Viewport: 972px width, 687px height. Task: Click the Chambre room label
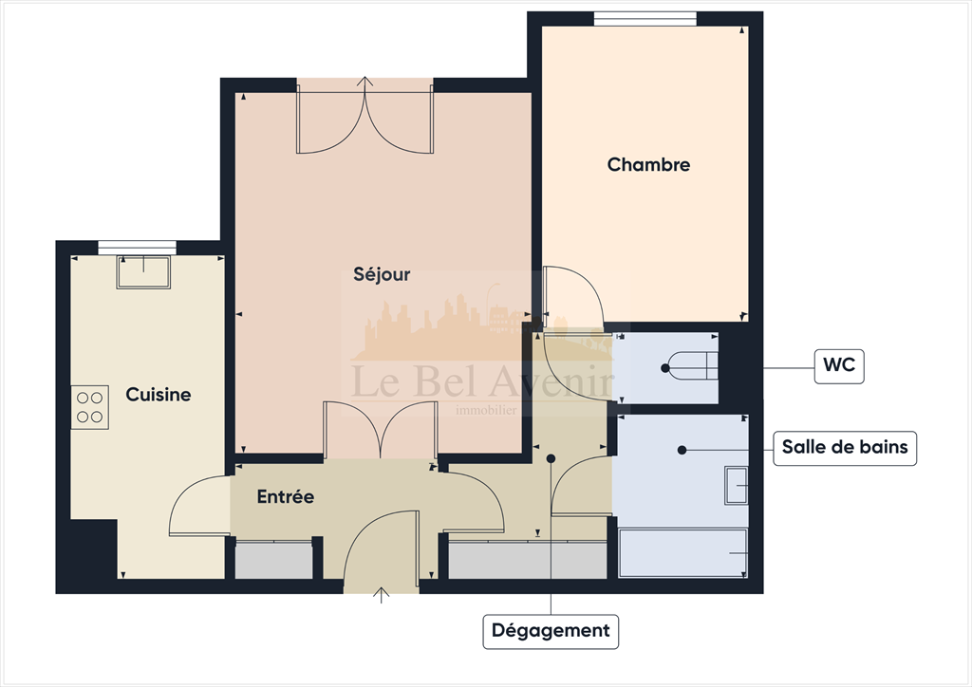tap(648, 165)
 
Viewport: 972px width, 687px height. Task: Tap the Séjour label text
tap(382, 275)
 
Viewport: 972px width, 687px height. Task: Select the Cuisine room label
tap(159, 395)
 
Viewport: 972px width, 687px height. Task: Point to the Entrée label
tap(285, 496)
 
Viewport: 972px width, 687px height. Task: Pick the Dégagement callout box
tap(551, 630)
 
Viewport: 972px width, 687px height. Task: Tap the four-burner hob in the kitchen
tap(90, 408)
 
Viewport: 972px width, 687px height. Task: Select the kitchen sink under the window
tap(143, 272)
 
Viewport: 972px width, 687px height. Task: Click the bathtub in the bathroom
tap(682, 553)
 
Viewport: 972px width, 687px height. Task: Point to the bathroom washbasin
tap(737, 486)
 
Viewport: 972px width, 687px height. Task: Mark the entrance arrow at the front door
tap(382, 595)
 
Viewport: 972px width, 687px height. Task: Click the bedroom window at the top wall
tap(645, 18)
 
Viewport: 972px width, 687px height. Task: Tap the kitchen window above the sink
tap(144, 247)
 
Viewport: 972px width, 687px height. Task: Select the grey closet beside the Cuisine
tap(273, 560)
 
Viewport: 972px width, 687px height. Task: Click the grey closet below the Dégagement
tap(526, 560)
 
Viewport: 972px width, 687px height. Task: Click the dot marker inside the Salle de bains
tap(682, 448)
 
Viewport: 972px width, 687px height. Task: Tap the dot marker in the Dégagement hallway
tap(551, 458)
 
